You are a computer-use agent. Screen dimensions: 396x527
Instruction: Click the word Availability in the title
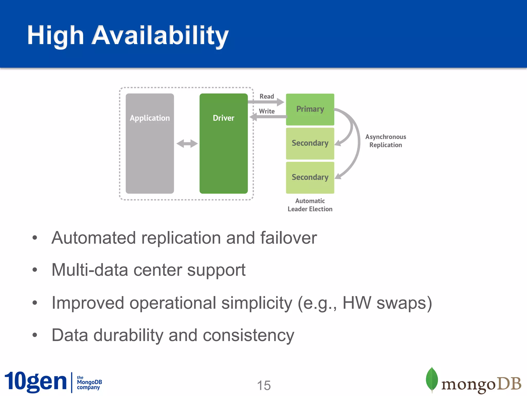click(x=160, y=35)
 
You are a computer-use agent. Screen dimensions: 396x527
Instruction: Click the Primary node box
click(x=310, y=109)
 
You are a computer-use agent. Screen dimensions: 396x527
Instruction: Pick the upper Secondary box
click(x=310, y=143)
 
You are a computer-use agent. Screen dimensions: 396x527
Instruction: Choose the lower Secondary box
click(x=310, y=177)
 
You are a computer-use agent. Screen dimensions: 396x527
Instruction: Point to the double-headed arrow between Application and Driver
click(x=187, y=144)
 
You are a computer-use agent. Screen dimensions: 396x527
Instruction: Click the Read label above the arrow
click(x=267, y=96)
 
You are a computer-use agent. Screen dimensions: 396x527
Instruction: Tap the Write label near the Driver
click(x=267, y=111)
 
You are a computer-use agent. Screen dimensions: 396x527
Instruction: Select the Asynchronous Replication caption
click(x=385, y=141)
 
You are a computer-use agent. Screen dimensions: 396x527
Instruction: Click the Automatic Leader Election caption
click(x=310, y=205)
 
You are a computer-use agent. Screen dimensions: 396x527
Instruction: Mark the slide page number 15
click(x=264, y=385)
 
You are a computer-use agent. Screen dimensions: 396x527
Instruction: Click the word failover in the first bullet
click(x=288, y=238)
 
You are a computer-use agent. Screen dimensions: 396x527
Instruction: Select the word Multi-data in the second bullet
click(x=90, y=270)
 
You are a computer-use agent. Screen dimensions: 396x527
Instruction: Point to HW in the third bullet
click(x=357, y=303)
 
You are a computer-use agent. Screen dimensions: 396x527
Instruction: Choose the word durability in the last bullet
click(x=128, y=335)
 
